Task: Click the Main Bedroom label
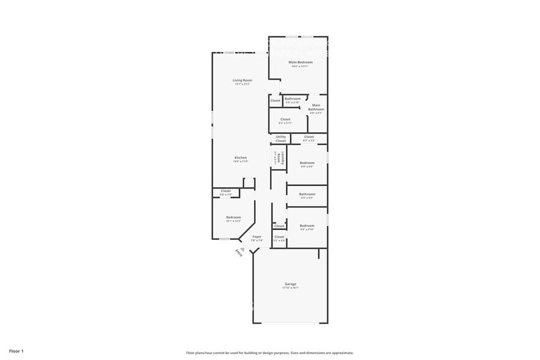[x=301, y=62]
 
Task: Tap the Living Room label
[x=242, y=80]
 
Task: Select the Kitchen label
[x=241, y=158]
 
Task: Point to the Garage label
[x=290, y=284]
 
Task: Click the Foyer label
[x=257, y=237]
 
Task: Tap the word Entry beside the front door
[x=239, y=253]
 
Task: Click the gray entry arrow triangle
[x=243, y=249]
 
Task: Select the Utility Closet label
[x=280, y=138]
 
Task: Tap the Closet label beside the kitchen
[x=226, y=191]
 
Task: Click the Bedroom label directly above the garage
[x=307, y=226]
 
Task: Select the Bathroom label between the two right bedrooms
[x=307, y=195]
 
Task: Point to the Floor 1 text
[x=16, y=351]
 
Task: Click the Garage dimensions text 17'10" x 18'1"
[x=290, y=288]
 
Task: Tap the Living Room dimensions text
[x=242, y=84]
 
